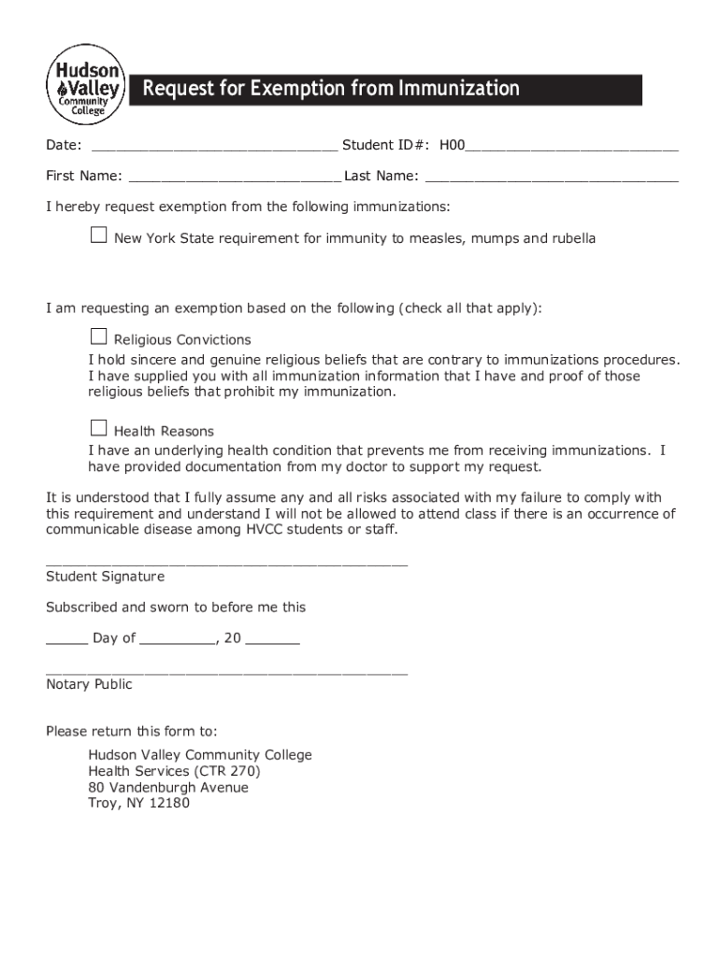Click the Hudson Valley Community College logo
tap(84, 84)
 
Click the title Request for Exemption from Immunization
tap(330, 90)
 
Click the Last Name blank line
tap(552, 178)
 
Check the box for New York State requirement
tap(98, 236)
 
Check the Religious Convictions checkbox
tap(98, 336)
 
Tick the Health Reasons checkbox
tap(98, 428)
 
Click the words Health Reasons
tap(164, 432)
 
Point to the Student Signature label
tap(105, 577)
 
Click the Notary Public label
tap(89, 685)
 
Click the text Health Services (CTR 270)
tap(174, 772)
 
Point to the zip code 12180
tap(169, 804)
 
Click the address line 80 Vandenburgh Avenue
tap(168, 788)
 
